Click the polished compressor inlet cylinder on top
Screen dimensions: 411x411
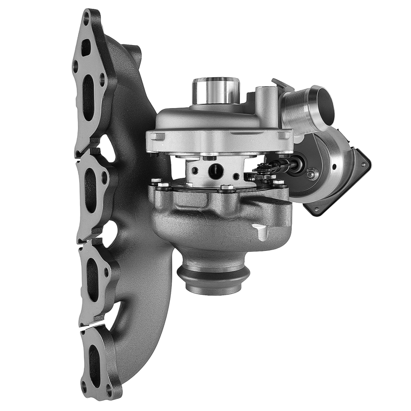216,90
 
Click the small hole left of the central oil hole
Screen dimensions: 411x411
196,170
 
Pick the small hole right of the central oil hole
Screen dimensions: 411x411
236,176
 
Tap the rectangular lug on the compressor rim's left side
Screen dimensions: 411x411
157,136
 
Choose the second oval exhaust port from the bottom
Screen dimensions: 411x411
92,280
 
